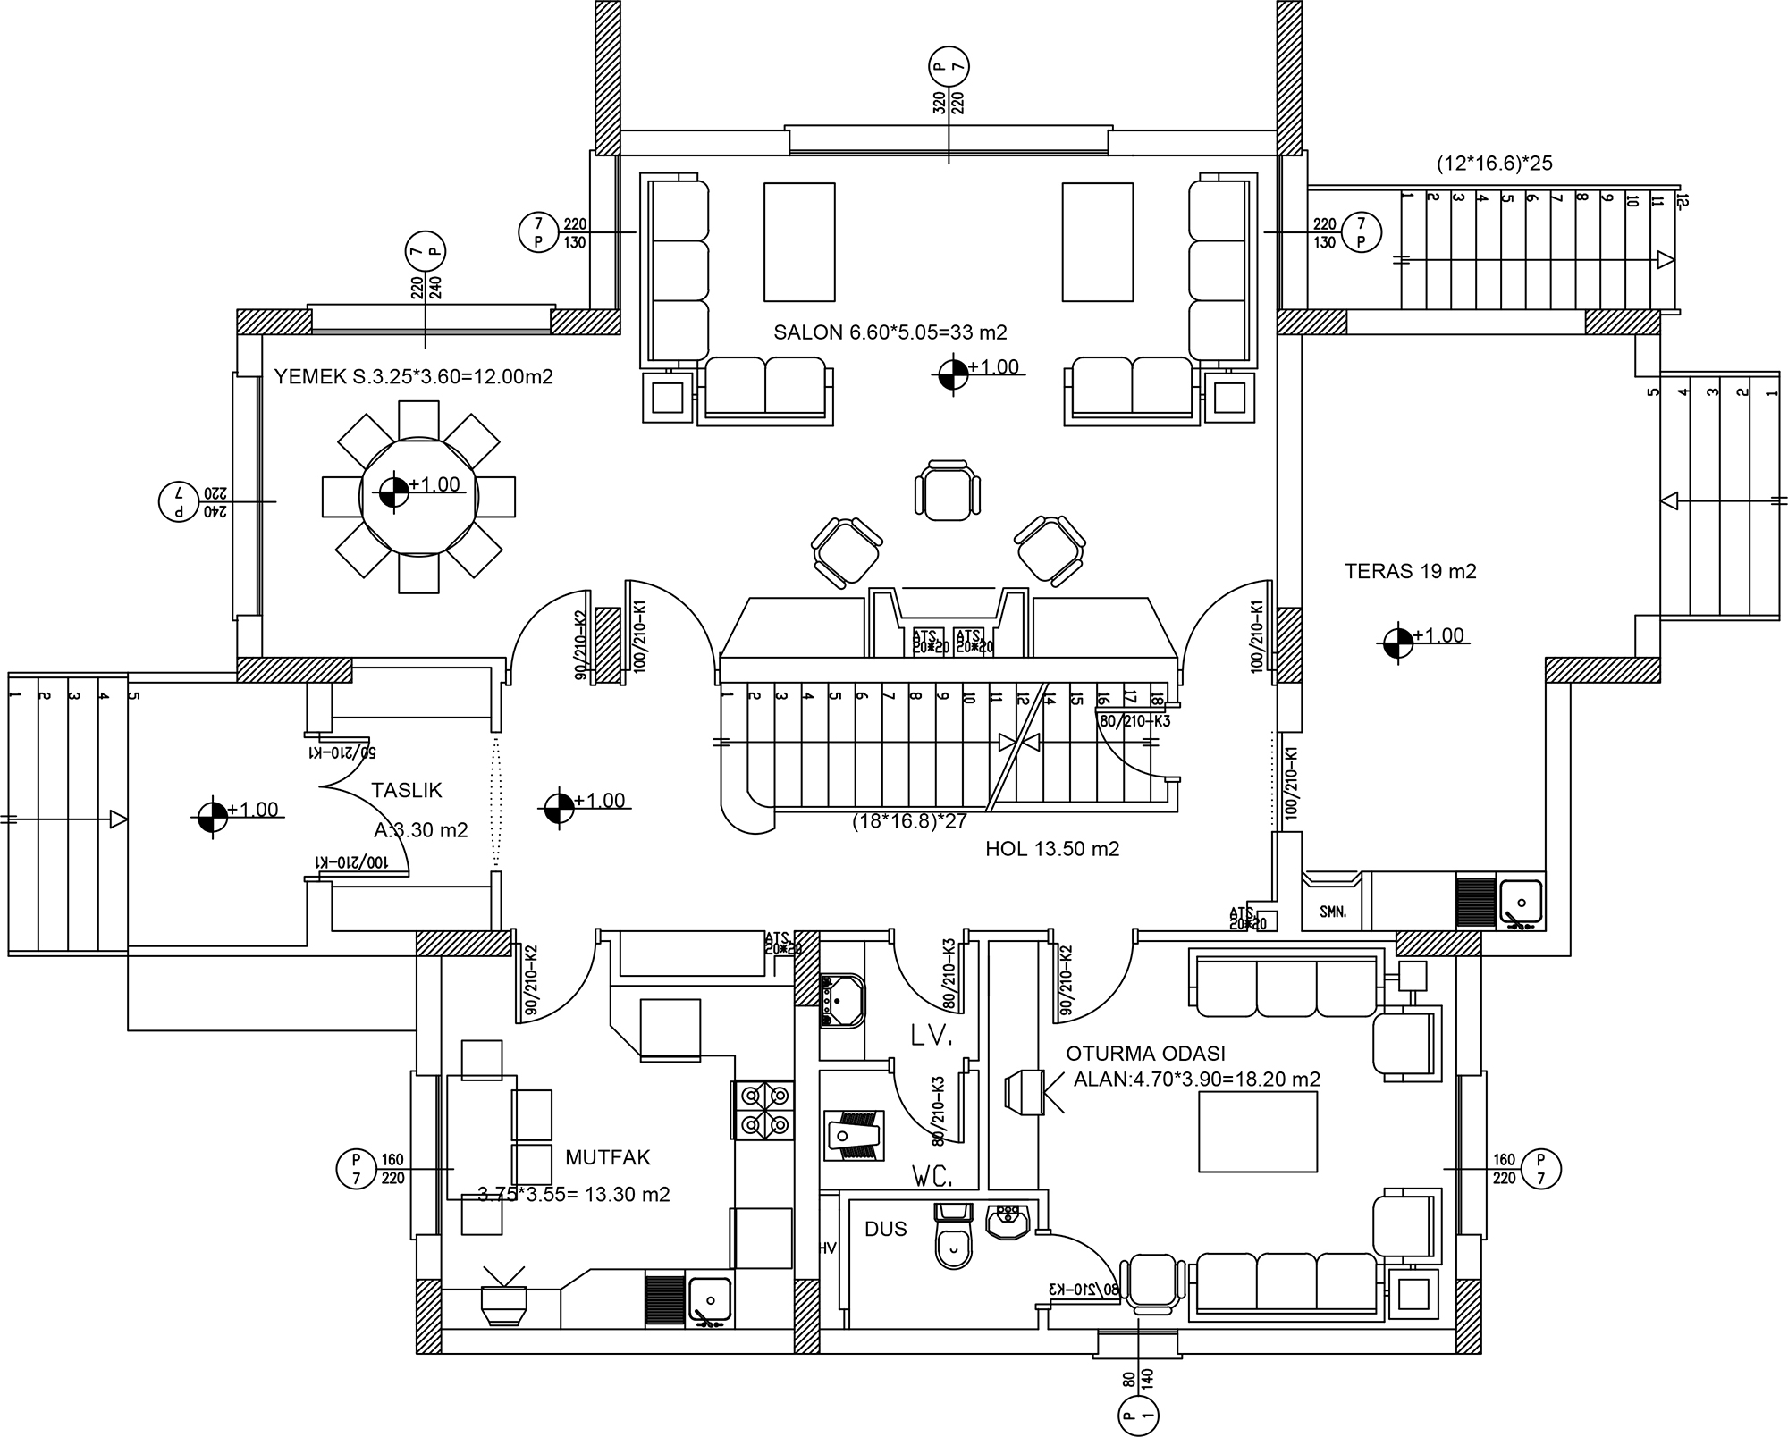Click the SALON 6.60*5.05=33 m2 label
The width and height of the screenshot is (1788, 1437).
[x=890, y=332]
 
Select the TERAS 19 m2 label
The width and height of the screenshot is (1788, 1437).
[x=1410, y=571]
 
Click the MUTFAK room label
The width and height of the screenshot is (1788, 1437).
[x=608, y=1157]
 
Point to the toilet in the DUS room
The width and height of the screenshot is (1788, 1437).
[x=954, y=1245]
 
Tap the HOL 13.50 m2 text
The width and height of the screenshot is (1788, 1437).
[x=1051, y=849]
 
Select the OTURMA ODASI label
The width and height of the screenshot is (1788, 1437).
[x=1145, y=1053]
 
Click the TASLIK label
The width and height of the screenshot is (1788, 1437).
[x=407, y=790]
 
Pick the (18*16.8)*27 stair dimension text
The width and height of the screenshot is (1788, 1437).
[x=909, y=821]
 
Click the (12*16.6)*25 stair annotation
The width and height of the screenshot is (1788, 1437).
[x=1494, y=164]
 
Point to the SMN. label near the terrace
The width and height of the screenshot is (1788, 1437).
[x=1332, y=912]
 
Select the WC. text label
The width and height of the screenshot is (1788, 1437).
[x=932, y=1175]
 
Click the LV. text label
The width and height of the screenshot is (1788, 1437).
[x=932, y=1037]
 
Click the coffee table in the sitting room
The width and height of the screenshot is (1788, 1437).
[x=1257, y=1130]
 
